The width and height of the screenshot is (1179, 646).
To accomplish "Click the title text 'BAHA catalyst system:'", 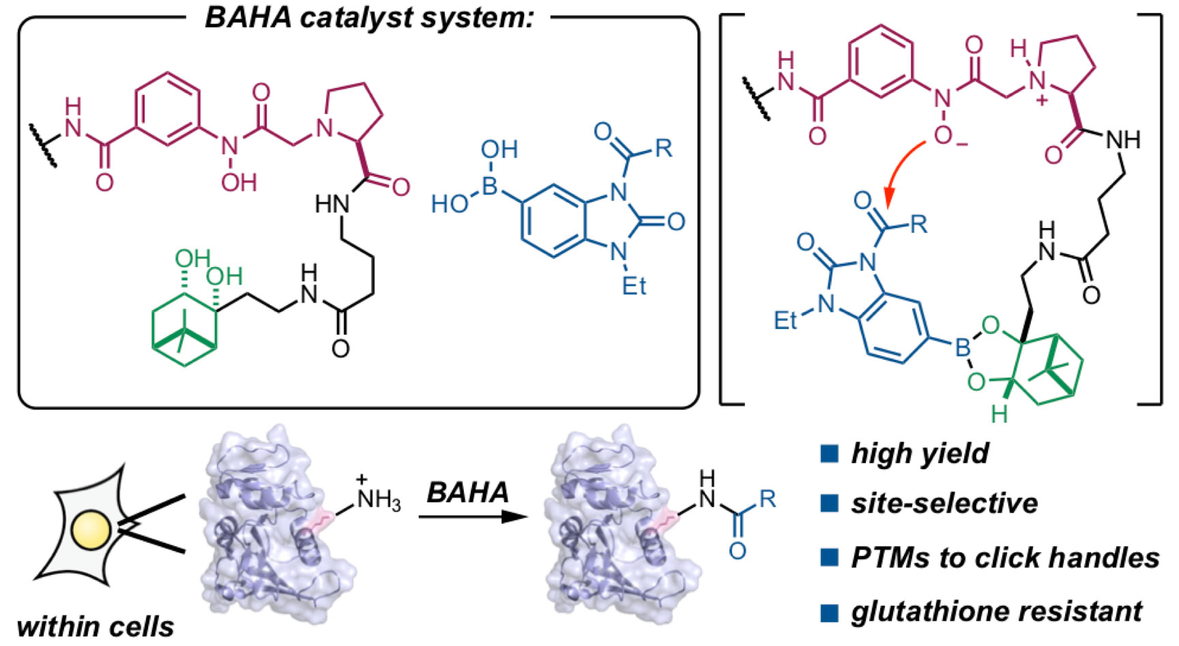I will pos(368,18).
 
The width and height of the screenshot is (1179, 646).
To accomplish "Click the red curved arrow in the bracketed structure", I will pos(899,171).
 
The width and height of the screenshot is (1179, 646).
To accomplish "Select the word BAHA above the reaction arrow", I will pos(468,492).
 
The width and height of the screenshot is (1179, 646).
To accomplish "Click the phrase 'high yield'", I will pos(919,453).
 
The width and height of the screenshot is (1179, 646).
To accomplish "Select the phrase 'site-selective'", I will pos(944,503).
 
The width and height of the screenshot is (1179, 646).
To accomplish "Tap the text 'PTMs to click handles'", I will pos(1004,557).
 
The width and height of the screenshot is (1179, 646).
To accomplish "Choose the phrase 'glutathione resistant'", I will pos(996,610).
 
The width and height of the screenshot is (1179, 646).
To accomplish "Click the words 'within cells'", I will pos(96,626).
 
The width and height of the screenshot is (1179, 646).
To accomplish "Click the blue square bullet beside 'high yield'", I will pos(829,453).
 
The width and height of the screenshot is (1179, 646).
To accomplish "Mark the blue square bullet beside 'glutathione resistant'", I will pos(829,611).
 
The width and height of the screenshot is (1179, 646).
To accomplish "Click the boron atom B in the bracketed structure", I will pos(962,348).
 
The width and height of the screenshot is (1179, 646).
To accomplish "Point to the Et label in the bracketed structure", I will pos(785,319).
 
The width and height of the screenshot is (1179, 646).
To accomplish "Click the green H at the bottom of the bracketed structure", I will pos(999,414).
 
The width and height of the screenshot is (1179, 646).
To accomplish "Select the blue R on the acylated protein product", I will pos(767,499).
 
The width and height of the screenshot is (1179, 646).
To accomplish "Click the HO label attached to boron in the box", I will pos(449,203).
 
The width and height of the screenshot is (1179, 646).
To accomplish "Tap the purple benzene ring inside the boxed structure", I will pos(168,109).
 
